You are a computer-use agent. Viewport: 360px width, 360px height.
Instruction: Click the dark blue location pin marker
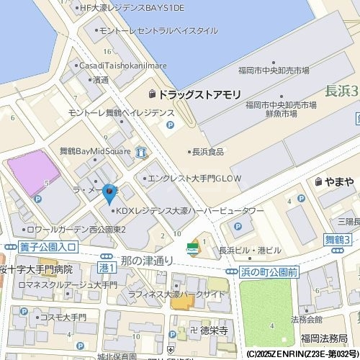click(109, 193)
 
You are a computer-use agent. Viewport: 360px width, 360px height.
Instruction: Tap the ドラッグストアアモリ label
click(194, 94)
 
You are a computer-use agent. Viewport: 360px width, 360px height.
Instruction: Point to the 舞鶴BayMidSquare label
click(94, 152)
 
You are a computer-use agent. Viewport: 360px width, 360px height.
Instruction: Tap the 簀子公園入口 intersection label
click(53, 247)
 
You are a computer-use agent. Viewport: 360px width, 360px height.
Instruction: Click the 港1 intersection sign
click(106, 267)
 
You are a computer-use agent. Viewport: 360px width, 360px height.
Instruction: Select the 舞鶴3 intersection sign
click(337, 239)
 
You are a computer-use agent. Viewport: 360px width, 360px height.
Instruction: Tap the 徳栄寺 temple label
click(214, 330)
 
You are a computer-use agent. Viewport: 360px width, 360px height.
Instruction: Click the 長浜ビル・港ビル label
click(249, 250)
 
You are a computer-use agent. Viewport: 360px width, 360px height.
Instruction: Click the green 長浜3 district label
click(339, 91)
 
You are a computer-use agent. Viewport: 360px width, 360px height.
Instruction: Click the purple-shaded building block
click(32, 172)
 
